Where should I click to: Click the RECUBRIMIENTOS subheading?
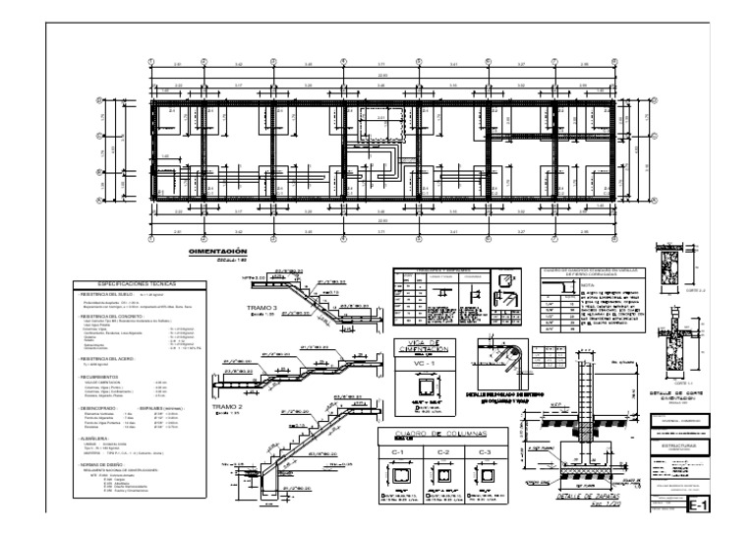[103, 378]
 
